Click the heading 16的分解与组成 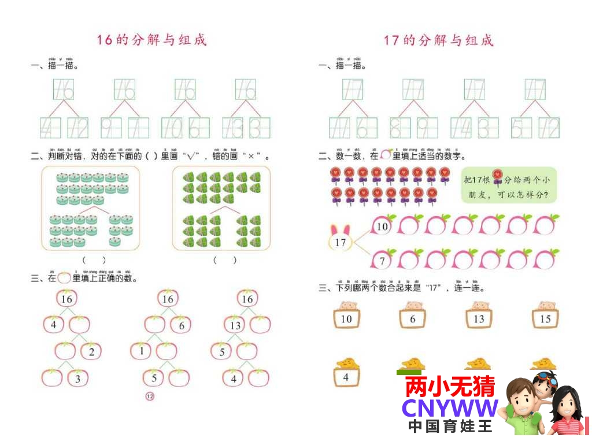pyautogui.click(x=151, y=40)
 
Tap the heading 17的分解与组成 pyautogui.click(x=439, y=40)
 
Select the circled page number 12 pyautogui.click(x=150, y=396)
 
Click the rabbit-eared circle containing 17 pyautogui.click(x=340, y=241)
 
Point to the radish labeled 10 pyautogui.click(x=383, y=226)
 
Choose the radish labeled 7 pyautogui.click(x=382, y=259)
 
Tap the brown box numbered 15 pyautogui.click(x=545, y=318)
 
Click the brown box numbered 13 pyautogui.click(x=479, y=318)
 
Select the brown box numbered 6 pyautogui.click(x=412, y=318)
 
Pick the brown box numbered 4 pyautogui.click(x=346, y=377)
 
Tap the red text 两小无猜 pyautogui.click(x=450, y=387)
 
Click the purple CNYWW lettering pyautogui.click(x=450, y=408)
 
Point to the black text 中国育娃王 pyautogui.click(x=450, y=426)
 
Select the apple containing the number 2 pyautogui.click(x=91, y=351)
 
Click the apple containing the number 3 pyautogui.click(x=78, y=378)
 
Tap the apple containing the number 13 pyautogui.click(x=235, y=325)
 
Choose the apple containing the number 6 pyautogui.click(x=181, y=325)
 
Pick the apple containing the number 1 pyautogui.click(x=140, y=351)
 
